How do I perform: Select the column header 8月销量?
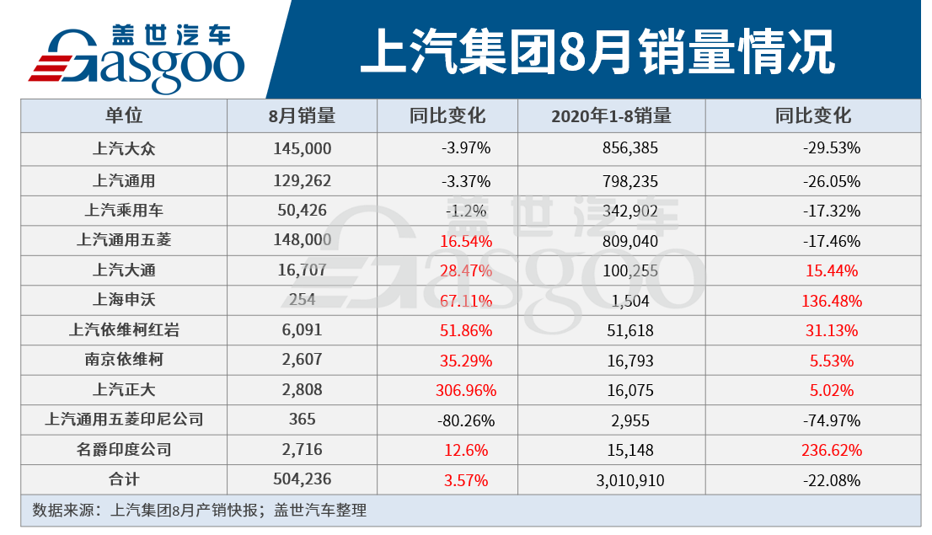pos(303,116)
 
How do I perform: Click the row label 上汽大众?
pos(124,149)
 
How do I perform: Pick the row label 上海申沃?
pos(124,300)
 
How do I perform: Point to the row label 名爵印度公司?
pos(124,450)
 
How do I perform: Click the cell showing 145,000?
pos(303,149)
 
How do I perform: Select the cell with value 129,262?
pos(303,180)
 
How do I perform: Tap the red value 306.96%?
pos(466,390)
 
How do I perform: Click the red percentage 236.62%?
pos(832,450)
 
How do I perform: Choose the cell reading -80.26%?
pos(466,420)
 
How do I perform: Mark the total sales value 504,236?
pos(303,480)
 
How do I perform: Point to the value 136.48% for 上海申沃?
pos(832,301)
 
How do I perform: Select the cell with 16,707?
pos(303,270)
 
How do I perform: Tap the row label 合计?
pos(124,480)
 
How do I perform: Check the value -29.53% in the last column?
pos(832,149)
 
